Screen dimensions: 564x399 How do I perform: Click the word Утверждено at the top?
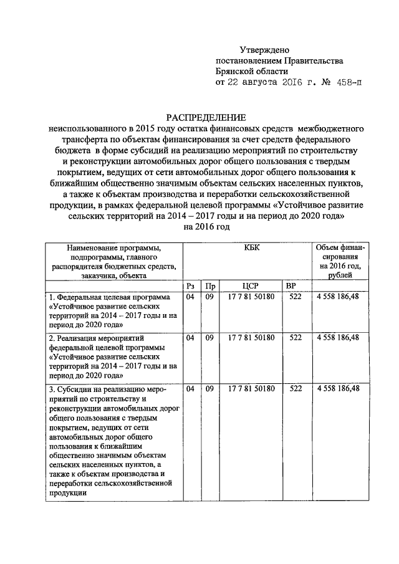[265, 49]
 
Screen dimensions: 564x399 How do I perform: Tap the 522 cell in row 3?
[296, 388]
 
